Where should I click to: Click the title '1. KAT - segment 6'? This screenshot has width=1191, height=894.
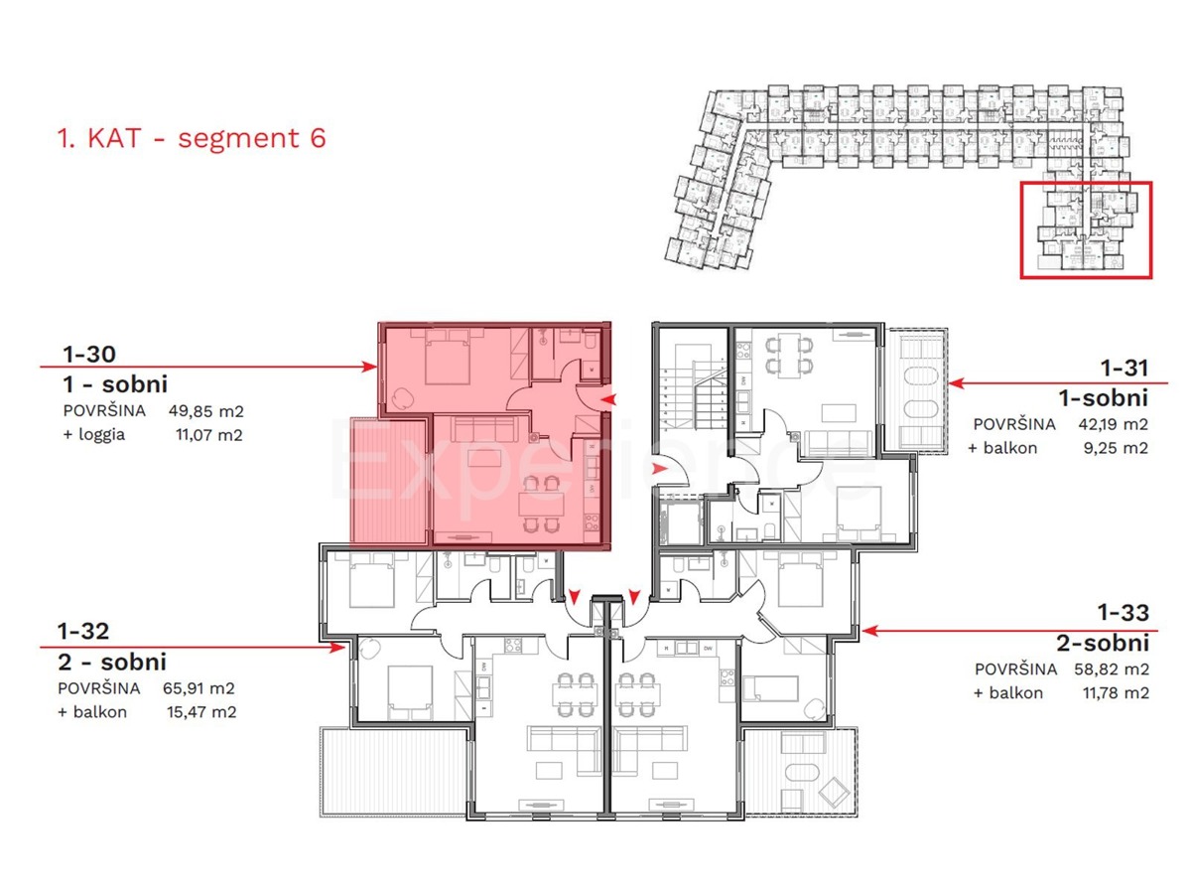192,138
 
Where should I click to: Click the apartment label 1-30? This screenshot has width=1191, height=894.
88,354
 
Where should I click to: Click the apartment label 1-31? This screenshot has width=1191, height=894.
1123,369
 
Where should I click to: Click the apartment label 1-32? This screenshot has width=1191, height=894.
82,630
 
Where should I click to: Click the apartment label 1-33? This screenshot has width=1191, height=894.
1123,611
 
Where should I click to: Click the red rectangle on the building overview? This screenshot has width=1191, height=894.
1086,229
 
